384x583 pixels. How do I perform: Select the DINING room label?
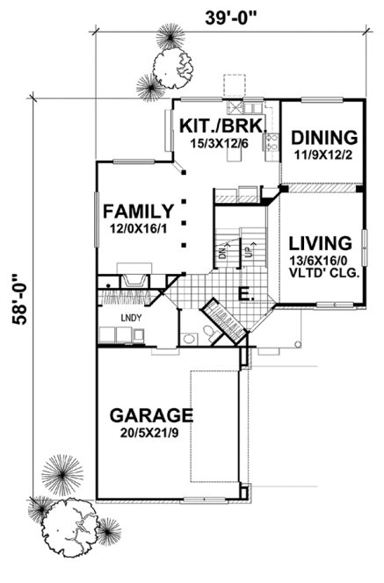324,138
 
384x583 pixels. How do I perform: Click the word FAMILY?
137,211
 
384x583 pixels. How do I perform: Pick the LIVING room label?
321,242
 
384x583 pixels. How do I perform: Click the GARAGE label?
150,414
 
